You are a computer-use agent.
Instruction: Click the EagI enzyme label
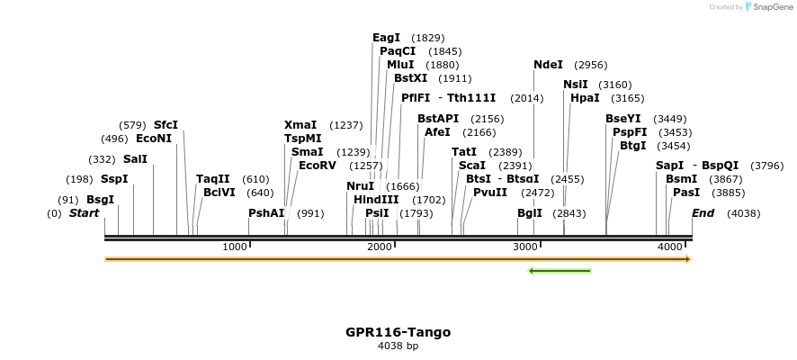point(386,38)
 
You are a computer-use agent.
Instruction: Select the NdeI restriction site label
point(548,65)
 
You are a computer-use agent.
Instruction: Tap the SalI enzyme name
point(135,159)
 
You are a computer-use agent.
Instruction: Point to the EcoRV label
point(317,166)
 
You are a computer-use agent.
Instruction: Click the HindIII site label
point(376,200)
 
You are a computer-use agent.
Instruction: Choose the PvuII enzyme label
point(490,192)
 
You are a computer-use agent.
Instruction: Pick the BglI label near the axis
point(530,213)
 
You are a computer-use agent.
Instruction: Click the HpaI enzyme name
point(585,98)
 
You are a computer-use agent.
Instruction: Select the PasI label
point(686,193)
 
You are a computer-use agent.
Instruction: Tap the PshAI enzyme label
point(266,213)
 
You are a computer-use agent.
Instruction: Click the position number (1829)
point(427,38)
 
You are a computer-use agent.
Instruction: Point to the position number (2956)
point(590,65)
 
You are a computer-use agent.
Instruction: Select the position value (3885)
point(728,193)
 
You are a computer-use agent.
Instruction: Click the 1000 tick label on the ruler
point(235,247)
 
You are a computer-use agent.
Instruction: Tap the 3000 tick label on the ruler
point(524,247)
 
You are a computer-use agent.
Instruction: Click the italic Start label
point(84,213)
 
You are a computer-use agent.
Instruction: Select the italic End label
point(703,213)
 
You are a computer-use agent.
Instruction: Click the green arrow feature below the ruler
point(559,270)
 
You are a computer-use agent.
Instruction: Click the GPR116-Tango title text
point(398,332)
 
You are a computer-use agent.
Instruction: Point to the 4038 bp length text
point(398,346)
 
